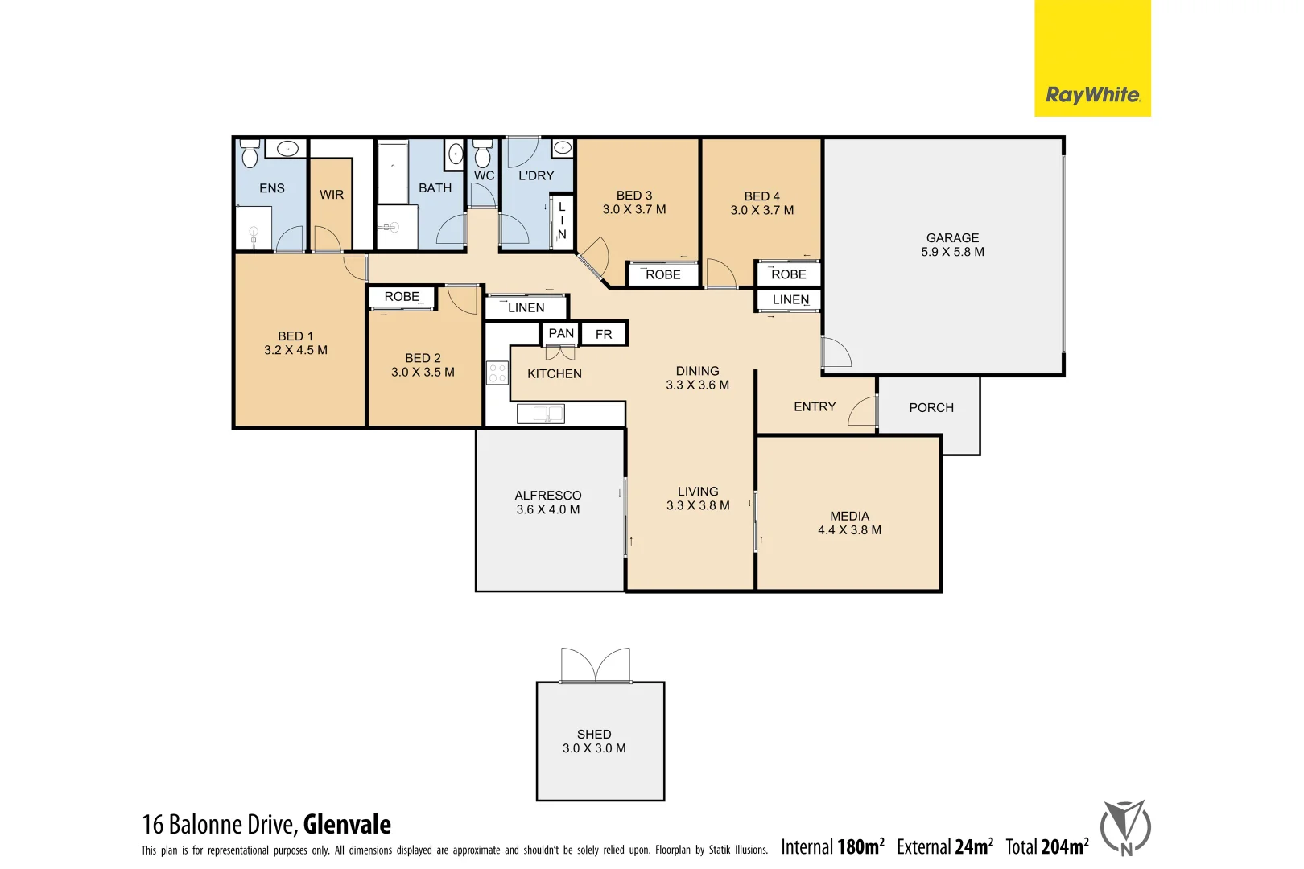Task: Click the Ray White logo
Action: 1092,95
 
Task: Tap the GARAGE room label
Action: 952,238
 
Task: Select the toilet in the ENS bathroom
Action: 250,154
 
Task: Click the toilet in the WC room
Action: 482,153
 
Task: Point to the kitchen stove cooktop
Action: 497,373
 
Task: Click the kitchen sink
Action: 540,414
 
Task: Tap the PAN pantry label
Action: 561,333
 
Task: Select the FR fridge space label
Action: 604,334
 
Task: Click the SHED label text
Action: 594,734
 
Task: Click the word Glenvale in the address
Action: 347,825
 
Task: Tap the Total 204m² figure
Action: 1046,846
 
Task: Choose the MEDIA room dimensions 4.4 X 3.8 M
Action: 849,530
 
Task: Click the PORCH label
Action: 931,408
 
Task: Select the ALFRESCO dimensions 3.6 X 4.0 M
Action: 547,509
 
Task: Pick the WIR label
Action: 332,195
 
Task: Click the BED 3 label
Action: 634,196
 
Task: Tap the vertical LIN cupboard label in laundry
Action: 562,220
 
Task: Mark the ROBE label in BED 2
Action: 402,297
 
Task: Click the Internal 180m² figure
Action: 832,846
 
